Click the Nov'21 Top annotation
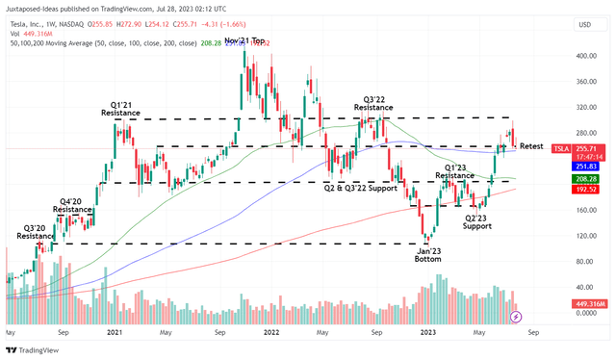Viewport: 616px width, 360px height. tap(245, 41)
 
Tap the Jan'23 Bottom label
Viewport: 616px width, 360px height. tap(435, 255)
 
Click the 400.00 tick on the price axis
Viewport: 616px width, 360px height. tap(579, 56)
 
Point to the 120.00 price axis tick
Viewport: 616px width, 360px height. tap(579, 235)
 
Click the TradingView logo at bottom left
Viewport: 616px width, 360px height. tap(34, 350)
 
